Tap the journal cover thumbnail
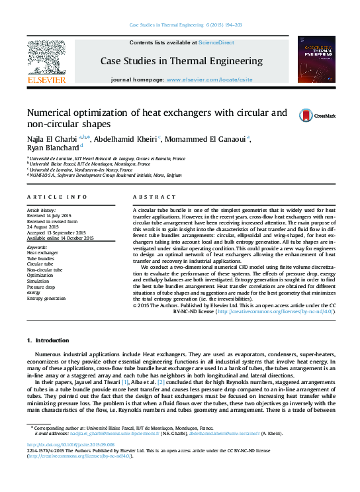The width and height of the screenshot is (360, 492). (316, 60)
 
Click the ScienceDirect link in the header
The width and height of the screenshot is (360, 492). (216, 42)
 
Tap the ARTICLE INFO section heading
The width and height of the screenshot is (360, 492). (57, 197)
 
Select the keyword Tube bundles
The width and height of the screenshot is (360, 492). (41, 258)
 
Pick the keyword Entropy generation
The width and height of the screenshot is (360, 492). (46, 299)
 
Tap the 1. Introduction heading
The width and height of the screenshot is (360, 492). (46, 340)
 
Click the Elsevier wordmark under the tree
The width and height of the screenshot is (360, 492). (46, 79)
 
